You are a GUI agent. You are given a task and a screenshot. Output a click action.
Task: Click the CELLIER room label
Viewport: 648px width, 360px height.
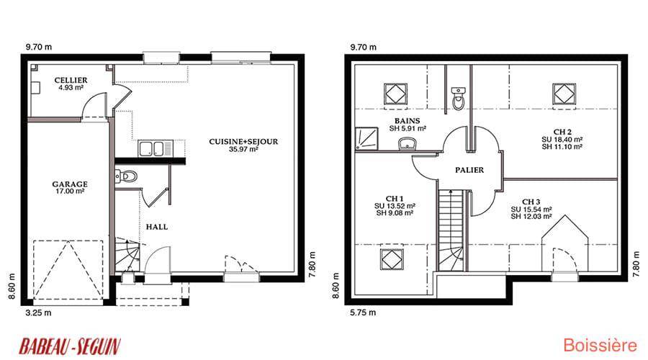(x=71, y=80)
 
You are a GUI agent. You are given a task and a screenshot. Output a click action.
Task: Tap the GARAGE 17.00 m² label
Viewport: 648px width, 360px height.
(x=70, y=187)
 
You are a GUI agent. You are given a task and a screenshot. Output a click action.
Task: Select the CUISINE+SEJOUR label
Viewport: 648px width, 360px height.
(x=243, y=141)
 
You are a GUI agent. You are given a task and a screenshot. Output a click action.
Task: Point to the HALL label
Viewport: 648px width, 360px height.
(x=157, y=227)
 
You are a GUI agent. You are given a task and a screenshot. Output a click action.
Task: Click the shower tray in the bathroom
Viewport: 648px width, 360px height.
(x=366, y=139)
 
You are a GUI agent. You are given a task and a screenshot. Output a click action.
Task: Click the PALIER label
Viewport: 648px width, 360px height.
(x=469, y=170)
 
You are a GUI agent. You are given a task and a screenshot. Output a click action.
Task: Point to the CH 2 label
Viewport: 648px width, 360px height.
(x=562, y=132)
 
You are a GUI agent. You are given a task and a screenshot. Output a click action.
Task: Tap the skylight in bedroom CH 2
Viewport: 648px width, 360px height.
(x=564, y=94)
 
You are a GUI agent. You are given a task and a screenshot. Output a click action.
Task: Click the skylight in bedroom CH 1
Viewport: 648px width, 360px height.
(x=392, y=258)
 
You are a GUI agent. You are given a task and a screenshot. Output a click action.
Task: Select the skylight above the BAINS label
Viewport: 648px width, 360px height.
(x=395, y=94)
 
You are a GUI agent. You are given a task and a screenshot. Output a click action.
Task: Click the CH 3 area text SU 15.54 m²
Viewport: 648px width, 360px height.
(x=531, y=210)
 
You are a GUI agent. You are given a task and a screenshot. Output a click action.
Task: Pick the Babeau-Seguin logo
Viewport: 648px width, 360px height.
(x=70, y=346)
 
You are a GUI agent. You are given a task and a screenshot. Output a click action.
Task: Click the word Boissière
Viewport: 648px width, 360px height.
(x=600, y=345)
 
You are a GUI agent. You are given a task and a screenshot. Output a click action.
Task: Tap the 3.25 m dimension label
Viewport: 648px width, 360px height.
(x=38, y=313)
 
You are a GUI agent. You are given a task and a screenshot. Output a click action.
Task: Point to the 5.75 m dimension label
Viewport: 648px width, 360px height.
(x=363, y=312)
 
